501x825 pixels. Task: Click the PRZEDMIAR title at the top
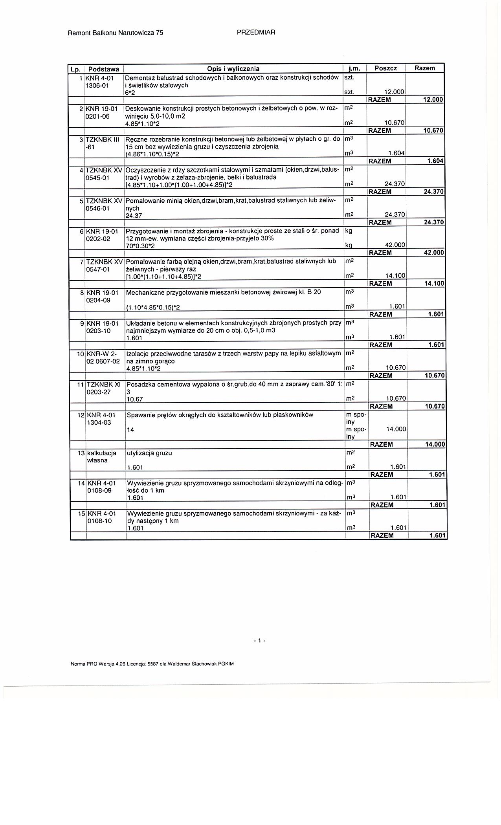click(x=256, y=33)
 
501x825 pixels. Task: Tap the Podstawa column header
click(x=104, y=69)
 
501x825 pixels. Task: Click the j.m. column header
click(x=354, y=68)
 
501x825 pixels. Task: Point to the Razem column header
click(x=424, y=68)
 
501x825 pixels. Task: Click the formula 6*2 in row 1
click(x=130, y=93)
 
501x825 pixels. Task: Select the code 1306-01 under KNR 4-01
click(x=98, y=85)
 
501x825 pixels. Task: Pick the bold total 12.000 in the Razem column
click(x=433, y=100)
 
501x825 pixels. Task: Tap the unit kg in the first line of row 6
click(x=349, y=231)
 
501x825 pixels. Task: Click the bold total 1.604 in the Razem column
click(x=435, y=161)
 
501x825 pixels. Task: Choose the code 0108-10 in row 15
click(x=99, y=521)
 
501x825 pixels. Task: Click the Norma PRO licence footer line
click(x=152, y=664)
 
